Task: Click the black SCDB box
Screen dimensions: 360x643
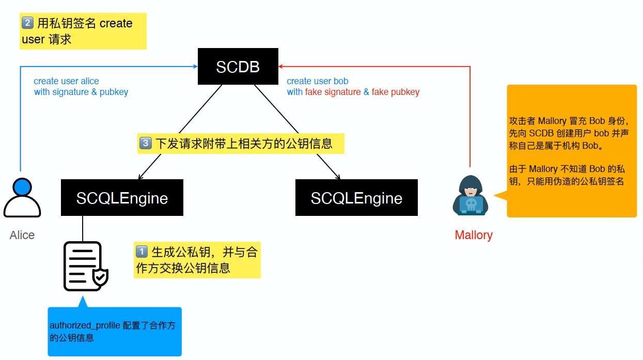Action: (238, 67)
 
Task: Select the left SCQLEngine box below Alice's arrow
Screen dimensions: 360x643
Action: (122, 198)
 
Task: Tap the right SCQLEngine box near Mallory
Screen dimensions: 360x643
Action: (356, 198)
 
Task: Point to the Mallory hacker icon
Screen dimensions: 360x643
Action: (471, 195)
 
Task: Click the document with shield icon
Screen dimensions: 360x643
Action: (85, 267)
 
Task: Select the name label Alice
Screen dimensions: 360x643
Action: (22, 236)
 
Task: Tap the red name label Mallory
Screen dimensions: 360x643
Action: (474, 236)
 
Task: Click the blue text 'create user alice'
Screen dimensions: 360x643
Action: (66, 81)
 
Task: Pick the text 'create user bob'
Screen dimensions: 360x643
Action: (317, 81)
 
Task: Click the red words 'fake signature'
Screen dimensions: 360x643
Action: (333, 92)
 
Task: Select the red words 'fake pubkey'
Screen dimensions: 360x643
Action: (395, 92)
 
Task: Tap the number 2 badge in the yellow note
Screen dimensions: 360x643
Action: (28, 23)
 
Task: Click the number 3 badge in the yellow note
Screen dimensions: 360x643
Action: (146, 143)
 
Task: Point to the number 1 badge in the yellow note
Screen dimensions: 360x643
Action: (142, 252)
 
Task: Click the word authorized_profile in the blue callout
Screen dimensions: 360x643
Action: (85, 325)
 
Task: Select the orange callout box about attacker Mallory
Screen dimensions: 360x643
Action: (571, 151)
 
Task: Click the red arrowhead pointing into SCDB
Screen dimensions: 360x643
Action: (280, 67)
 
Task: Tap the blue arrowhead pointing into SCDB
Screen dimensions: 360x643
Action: (195, 67)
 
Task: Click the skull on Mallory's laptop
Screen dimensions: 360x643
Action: (471, 204)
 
